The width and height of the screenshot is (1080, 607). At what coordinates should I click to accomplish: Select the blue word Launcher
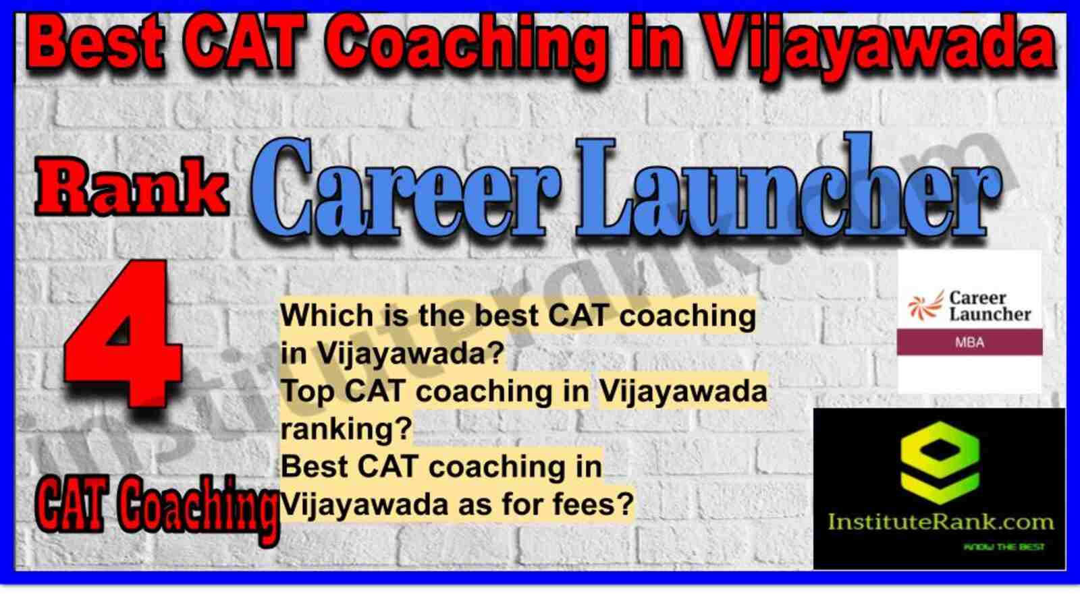click(788, 185)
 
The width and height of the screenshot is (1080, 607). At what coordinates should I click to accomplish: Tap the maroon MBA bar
click(969, 343)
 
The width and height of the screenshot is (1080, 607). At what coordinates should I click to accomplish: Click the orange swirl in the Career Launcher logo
click(925, 306)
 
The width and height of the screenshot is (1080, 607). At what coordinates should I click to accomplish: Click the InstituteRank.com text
click(941, 523)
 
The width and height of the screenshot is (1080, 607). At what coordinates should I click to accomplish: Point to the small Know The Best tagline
click(1004, 547)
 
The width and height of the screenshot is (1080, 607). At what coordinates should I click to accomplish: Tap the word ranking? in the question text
click(347, 430)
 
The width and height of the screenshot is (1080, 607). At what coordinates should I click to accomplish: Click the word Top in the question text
click(308, 391)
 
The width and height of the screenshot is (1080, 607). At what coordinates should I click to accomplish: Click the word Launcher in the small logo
click(990, 314)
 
